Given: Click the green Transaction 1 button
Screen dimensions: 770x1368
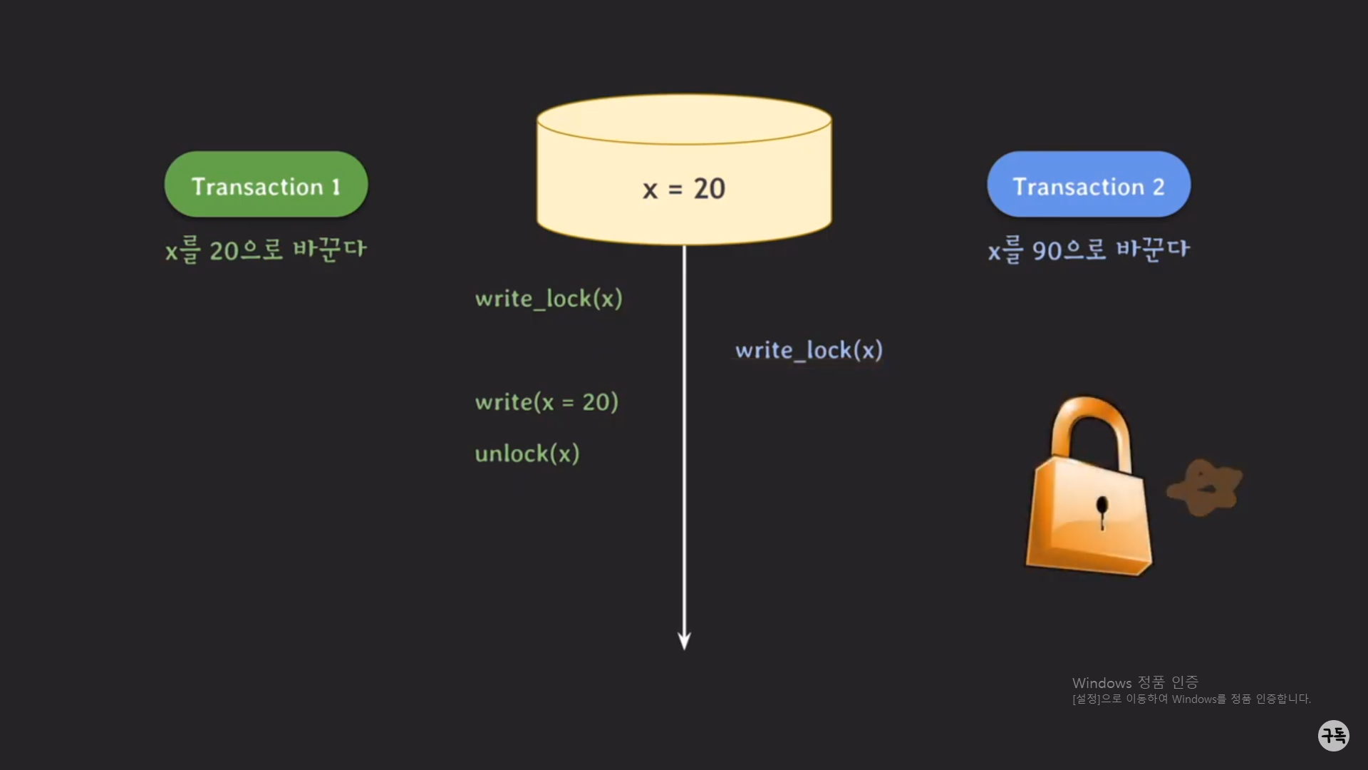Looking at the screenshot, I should [266, 185].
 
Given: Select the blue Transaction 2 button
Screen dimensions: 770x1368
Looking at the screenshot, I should [1088, 185].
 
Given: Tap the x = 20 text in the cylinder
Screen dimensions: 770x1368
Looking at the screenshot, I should [684, 189].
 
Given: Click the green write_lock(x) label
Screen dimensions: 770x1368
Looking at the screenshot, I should [549, 299].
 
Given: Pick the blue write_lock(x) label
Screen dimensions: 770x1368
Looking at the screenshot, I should [809, 350].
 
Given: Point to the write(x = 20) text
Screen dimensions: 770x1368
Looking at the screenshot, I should [546, 402].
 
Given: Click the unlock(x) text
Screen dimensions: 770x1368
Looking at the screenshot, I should [527, 453].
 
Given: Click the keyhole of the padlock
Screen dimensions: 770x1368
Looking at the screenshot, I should [1102, 509].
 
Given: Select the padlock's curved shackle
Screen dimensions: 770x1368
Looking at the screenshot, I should [1090, 428].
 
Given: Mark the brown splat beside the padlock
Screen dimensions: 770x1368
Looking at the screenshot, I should [1205, 488].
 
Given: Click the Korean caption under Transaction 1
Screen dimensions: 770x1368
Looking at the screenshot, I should [266, 250].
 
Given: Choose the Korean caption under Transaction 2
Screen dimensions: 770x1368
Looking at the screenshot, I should [1088, 250].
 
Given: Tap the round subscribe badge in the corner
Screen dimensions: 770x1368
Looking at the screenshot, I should [1333, 735].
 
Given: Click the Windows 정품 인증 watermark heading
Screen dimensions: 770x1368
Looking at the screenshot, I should [1135, 682].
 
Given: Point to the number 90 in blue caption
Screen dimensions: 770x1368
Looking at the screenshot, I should [1047, 251].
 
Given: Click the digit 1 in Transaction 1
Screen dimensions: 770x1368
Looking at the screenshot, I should [336, 187].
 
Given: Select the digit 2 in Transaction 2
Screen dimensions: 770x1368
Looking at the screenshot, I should [1159, 187].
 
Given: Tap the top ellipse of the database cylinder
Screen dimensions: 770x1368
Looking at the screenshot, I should [684, 120].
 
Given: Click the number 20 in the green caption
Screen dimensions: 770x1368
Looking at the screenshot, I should [224, 251].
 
